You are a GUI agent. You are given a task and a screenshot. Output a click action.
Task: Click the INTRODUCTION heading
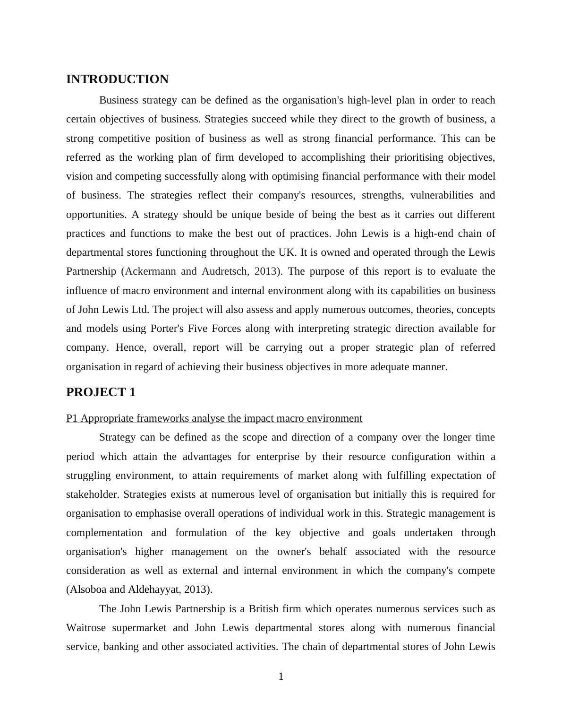tap(117, 79)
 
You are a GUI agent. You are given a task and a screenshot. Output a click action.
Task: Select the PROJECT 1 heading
tap(101, 392)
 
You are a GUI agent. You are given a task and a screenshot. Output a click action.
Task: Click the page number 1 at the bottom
tap(281, 677)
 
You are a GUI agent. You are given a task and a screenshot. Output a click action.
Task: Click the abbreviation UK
tap(287, 252)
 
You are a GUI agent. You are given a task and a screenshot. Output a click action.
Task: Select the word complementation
tap(104, 533)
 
